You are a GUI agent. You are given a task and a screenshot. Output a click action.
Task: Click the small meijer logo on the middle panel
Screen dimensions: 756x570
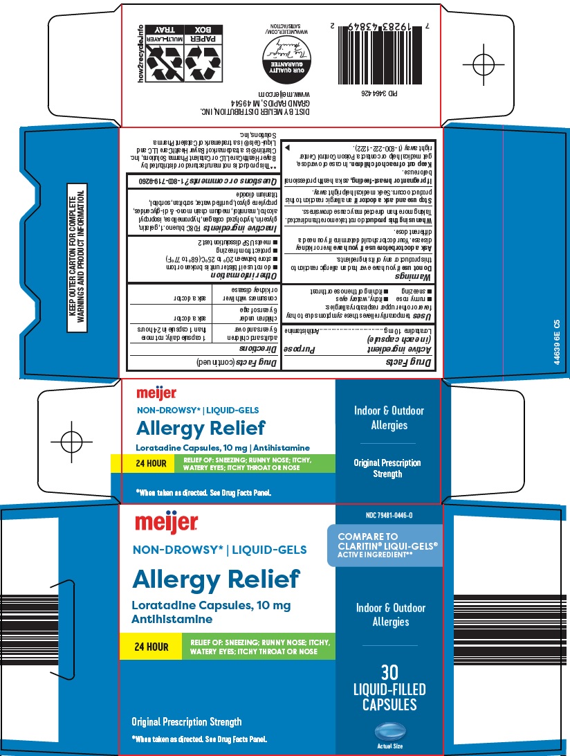pyautogui.click(x=157, y=394)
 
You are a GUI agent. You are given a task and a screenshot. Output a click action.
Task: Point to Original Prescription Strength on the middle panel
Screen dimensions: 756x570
pyautogui.click(x=387, y=468)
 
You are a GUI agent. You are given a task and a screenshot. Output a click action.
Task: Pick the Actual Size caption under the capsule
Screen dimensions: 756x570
pyautogui.click(x=390, y=746)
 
